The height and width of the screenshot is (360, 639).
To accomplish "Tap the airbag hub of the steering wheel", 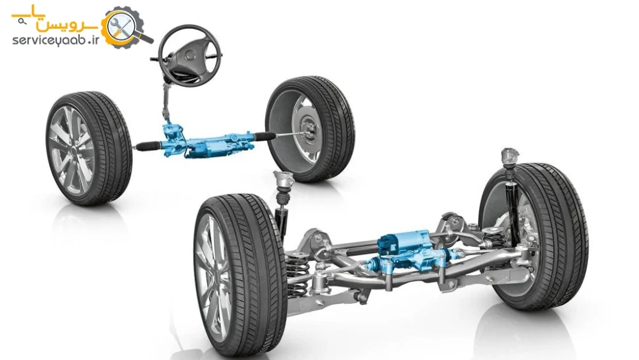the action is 189,57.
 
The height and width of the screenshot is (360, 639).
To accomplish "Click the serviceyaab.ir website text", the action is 56,40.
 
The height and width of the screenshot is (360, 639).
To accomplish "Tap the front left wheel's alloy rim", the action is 70,150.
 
